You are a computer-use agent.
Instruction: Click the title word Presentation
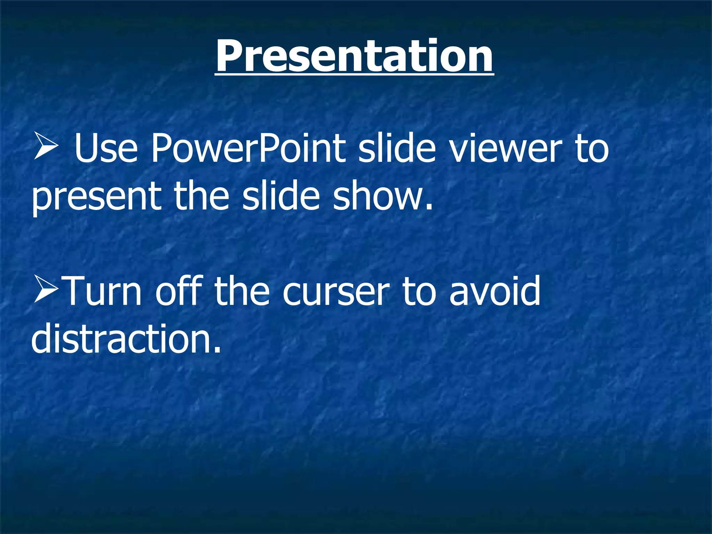(354, 56)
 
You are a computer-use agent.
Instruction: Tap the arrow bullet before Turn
(46, 291)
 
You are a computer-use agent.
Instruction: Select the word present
(97, 198)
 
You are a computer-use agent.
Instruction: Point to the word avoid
(495, 291)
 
